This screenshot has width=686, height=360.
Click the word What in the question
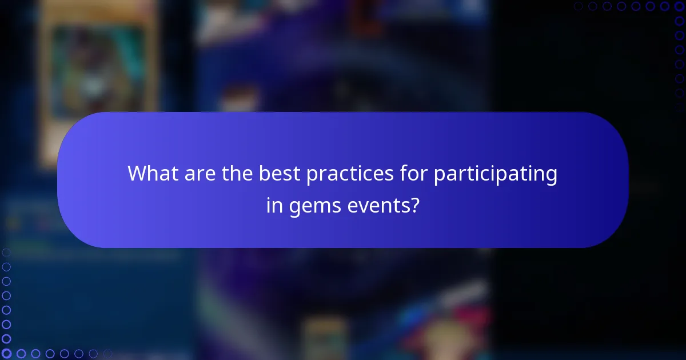151,174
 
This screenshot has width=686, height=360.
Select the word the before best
235,174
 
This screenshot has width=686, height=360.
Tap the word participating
495,174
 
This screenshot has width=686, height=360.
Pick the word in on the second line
274,205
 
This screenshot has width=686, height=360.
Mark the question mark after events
414,205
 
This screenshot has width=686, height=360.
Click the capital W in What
137,174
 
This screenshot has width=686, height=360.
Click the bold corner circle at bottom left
6,354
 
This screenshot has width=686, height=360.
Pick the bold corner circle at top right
679,6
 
